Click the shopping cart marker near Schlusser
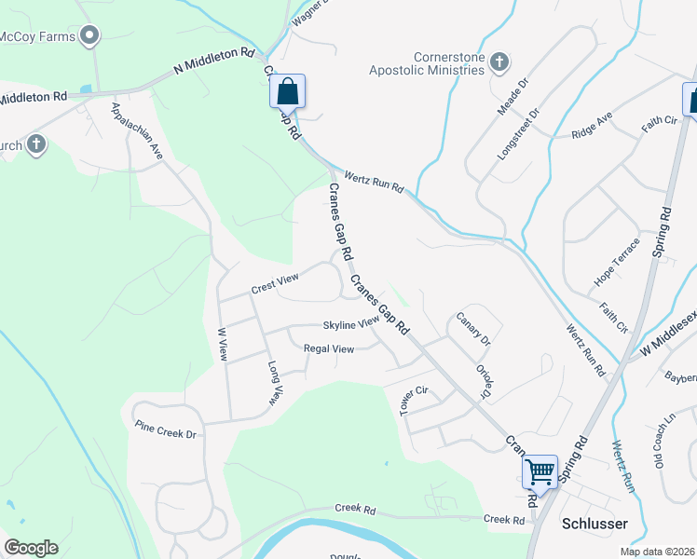pos(540,471)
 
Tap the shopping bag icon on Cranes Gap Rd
pos(287,92)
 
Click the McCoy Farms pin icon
pos(89,36)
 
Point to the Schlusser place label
pos(594,524)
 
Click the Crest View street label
pos(275,284)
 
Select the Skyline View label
pos(351,323)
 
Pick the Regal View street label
pos(329,349)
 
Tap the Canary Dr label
pos(473,329)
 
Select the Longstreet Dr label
pos(520,135)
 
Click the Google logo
pos(31,548)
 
